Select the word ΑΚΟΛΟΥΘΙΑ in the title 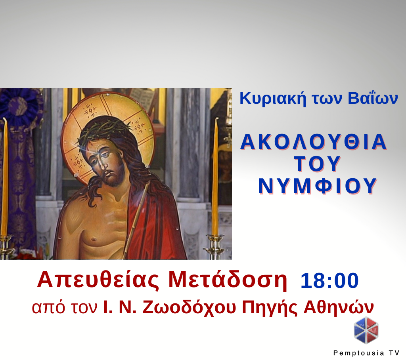[314, 142]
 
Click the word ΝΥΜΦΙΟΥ [317, 186]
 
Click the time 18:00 [329, 281]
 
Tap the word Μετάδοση [228, 280]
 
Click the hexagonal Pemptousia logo [366, 330]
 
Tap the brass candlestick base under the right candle [215, 246]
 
